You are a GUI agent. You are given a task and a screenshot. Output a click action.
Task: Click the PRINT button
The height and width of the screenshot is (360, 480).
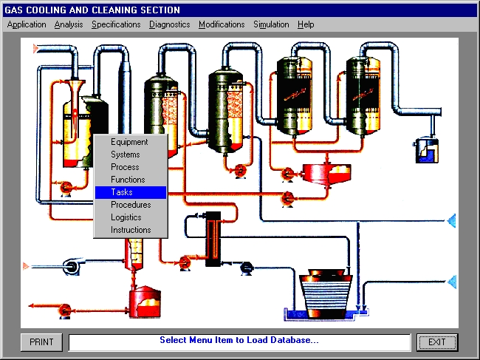41,342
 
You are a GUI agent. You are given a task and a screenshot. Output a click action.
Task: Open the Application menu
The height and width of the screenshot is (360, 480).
27,24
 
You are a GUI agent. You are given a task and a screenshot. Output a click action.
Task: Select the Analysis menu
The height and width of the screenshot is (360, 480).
69,24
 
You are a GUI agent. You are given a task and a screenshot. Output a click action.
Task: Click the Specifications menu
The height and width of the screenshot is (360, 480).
116,24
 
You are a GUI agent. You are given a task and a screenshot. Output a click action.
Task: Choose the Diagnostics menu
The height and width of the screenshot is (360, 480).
170,24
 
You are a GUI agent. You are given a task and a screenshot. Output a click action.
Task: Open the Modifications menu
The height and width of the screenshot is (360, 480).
222,24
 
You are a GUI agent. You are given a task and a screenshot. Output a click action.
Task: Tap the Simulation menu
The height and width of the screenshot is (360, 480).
271,24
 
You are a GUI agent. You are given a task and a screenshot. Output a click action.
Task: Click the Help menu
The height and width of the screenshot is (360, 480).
306,24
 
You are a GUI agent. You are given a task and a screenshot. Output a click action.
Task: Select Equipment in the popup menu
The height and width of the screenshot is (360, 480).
129,142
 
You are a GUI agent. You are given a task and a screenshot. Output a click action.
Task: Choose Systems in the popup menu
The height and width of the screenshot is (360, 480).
126,154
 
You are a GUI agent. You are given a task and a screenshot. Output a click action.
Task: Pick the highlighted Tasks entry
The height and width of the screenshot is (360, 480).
131,192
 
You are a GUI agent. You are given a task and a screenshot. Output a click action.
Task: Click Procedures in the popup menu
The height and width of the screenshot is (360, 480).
131,205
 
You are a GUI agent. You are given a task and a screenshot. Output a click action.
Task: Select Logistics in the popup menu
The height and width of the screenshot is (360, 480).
126,217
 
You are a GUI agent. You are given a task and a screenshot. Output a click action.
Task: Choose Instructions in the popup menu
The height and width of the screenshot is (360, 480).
131,230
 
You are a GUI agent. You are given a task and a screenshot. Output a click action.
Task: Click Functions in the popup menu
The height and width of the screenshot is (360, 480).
128,180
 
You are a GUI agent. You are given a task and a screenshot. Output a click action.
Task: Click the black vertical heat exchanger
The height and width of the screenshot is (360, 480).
213,239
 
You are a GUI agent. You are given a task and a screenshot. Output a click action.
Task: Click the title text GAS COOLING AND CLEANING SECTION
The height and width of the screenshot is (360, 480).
92,10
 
